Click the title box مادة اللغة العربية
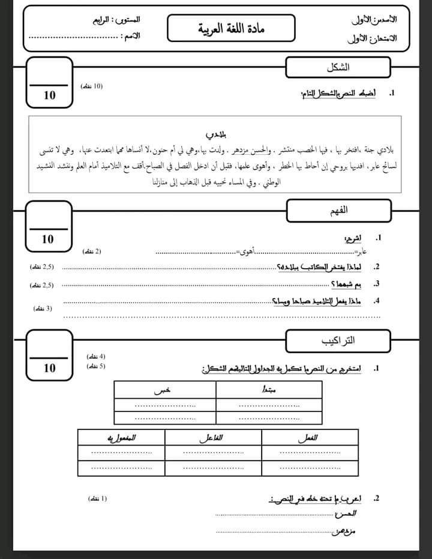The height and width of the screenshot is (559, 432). [x=231, y=29]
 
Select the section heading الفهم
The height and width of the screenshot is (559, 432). [x=340, y=211]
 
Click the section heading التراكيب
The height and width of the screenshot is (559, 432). [x=338, y=341]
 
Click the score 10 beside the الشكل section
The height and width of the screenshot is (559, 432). [x=49, y=95]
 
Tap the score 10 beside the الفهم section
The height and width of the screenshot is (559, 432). [x=48, y=239]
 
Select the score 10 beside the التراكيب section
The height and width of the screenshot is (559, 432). [x=49, y=368]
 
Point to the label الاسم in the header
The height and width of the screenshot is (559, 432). [x=131, y=37]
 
